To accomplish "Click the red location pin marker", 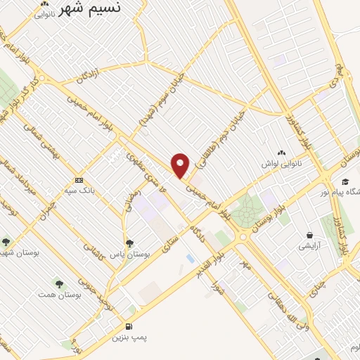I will (x=181, y=166).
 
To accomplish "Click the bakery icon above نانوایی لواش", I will (x=283, y=153).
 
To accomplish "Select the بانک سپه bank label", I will (x=79, y=191).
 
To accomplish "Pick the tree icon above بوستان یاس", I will (x=127, y=243).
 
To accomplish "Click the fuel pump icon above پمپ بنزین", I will (x=129, y=326).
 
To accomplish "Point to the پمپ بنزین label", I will (x=129, y=338).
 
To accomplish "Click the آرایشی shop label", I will (x=309, y=246).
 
